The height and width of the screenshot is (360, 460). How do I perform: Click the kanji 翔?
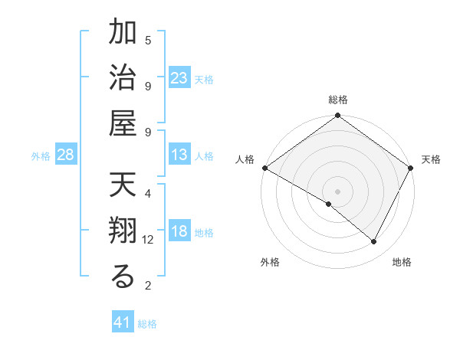123,232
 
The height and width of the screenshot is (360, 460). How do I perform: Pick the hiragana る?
123,277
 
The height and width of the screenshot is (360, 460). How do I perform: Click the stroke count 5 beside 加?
148,40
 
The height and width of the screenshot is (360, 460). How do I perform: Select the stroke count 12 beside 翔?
148,240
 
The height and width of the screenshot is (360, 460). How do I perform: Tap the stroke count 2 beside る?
148,286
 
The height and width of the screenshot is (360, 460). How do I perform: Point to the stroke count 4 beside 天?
148,194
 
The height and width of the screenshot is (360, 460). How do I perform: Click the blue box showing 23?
179,78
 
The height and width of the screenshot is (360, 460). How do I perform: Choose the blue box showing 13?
179,155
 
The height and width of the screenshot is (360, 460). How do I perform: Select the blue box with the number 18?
179,232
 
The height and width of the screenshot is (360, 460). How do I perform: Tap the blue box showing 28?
66,155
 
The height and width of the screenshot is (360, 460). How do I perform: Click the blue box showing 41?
123,322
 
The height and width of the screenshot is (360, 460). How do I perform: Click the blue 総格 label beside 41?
147,324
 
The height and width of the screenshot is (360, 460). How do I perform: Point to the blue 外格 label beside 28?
41,156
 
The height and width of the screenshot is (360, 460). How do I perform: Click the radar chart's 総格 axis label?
338,100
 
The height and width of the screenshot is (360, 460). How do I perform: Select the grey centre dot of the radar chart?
338,191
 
